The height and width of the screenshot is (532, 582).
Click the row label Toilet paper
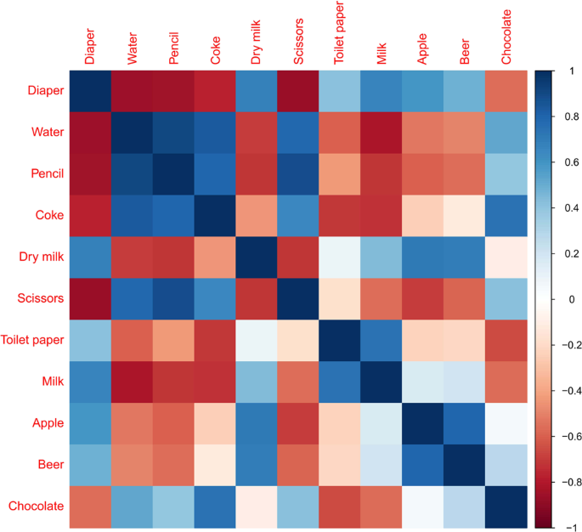33,340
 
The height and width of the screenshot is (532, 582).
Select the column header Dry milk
257,42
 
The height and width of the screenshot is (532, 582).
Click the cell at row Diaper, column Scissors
298,89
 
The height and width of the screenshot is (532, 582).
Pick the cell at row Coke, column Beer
464,214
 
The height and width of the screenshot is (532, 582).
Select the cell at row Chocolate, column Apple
422,506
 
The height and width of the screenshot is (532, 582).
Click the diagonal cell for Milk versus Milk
381,381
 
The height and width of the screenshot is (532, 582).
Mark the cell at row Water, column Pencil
173,131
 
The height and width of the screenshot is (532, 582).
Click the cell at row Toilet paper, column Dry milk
257,339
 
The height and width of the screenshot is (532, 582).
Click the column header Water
132,47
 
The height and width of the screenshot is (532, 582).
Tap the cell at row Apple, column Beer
464,422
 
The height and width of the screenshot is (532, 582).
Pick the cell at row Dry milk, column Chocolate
506,256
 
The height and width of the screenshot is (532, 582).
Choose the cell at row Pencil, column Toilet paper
340,173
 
